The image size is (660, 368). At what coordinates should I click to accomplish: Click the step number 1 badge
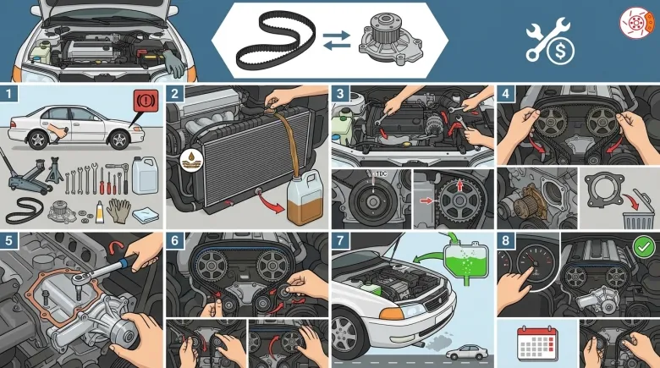8,94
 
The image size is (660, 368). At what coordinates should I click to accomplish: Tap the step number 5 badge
8,241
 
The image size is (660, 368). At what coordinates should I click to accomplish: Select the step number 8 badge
505,240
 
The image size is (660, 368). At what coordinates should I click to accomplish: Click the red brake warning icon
146,100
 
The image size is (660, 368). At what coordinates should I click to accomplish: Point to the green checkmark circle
644,248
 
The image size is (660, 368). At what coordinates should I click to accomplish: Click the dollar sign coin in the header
560,51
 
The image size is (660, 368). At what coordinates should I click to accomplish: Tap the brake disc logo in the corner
636,23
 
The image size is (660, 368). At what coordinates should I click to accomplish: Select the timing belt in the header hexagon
276,40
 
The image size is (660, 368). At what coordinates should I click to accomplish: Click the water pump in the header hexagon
390,39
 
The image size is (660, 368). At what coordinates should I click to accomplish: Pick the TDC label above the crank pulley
382,174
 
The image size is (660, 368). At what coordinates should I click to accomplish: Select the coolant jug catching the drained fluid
305,199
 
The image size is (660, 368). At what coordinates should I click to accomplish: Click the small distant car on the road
467,352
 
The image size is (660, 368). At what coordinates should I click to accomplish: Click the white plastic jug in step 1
145,175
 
